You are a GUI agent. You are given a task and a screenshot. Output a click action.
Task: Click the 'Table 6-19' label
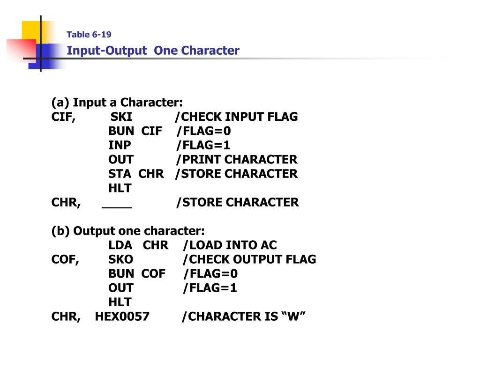click(89, 35)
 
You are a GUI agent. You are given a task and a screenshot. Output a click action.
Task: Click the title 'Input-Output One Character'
click(153, 51)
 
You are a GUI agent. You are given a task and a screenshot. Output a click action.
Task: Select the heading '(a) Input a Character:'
click(117, 103)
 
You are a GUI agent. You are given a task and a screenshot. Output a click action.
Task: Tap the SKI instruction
click(121, 117)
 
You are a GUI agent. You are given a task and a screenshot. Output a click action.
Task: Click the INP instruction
click(120, 145)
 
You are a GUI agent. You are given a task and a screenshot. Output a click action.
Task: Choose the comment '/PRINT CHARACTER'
click(237, 160)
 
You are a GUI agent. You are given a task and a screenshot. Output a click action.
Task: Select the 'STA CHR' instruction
click(136, 174)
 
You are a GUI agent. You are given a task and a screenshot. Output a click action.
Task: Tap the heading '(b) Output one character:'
click(128, 231)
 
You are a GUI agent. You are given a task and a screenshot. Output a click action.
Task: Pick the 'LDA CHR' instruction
click(138, 245)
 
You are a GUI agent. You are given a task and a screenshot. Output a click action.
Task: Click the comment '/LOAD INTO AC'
click(230, 245)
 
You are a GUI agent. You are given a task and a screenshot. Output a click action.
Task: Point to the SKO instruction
click(120, 259)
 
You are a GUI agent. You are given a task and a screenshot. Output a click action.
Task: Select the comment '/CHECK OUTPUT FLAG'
click(249, 259)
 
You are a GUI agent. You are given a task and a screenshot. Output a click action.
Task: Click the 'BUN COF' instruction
click(137, 273)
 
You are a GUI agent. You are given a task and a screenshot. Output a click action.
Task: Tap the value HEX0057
click(122, 316)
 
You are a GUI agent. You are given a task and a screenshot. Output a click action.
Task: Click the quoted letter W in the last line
click(293, 316)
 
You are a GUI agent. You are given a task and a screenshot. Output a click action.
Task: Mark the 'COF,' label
click(65, 259)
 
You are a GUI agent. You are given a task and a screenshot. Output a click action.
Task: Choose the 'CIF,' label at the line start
click(64, 117)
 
